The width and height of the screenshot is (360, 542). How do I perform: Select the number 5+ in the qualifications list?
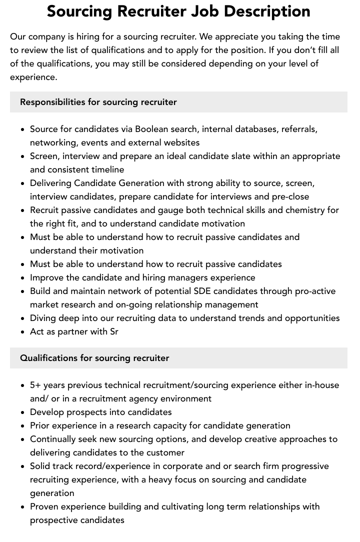click(35, 385)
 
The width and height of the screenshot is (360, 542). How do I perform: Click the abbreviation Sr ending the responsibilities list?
click(113, 331)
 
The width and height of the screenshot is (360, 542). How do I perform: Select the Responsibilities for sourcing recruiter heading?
click(98, 102)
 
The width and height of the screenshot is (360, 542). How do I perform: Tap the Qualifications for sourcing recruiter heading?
click(94, 358)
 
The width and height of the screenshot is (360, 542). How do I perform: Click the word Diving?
click(43, 318)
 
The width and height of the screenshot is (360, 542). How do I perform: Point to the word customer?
click(166, 452)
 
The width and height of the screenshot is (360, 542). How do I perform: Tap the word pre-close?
click(290, 196)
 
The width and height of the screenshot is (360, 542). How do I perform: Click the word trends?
click(265, 318)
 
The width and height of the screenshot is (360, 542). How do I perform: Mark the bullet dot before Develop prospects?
click(22, 412)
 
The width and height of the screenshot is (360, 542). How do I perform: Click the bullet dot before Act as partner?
click(22, 332)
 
